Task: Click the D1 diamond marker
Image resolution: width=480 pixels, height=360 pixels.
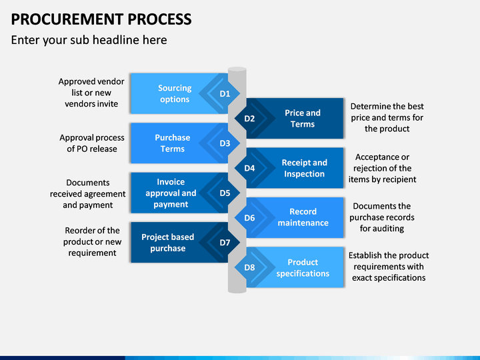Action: pos(225,93)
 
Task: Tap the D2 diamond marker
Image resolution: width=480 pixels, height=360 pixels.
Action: pos(249,118)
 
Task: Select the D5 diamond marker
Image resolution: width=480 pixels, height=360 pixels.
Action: pos(225,193)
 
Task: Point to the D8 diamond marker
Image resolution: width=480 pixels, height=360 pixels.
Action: pos(249,267)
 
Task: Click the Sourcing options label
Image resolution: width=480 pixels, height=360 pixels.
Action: pos(175,93)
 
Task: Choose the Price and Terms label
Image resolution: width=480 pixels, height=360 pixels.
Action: pos(303,118)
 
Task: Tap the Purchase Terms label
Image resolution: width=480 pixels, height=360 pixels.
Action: pos(173,143)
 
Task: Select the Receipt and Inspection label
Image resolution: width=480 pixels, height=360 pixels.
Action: pos(304,168)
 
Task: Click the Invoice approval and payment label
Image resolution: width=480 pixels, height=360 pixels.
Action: pos(171,193)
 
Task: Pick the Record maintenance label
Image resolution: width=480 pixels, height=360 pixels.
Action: pos(303,217)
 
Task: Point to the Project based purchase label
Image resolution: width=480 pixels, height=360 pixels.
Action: pos(168,243)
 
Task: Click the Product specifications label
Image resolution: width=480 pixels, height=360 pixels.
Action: pos(303,267)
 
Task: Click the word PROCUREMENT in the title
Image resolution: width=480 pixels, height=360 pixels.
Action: pos(67,19)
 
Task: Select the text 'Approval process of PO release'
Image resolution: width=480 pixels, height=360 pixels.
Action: pos(92,143)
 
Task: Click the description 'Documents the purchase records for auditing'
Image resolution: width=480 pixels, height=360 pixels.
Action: pos(382,217)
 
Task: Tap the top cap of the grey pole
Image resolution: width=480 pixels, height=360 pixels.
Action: pos(237,69)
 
